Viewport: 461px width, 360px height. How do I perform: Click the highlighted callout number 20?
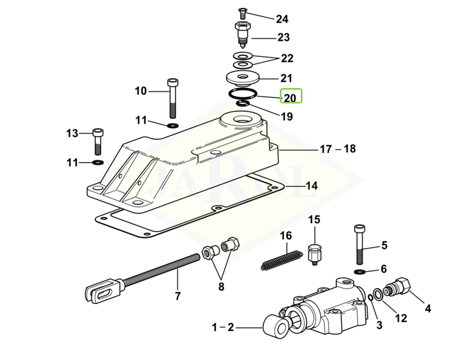pos(290,98)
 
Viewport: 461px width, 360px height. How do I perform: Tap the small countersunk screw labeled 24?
pos(242,13)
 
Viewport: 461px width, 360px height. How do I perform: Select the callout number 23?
pos(284,37)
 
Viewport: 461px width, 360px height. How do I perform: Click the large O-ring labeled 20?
pos(243,94)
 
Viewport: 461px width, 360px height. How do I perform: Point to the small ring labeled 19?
pos(243,103)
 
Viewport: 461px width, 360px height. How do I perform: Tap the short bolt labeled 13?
pos(98,141)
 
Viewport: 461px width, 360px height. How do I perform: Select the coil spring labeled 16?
pos(281,259)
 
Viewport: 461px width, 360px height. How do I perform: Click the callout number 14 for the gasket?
pos(312,186)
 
